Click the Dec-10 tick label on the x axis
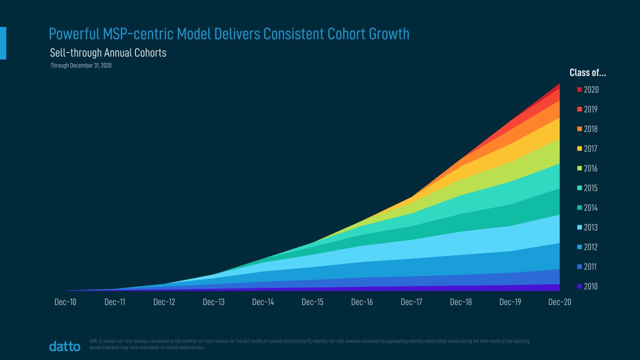pyautogui.click(x=65, y=302)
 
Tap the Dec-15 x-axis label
pyautogui.click(x=312, y=302)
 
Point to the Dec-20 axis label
pyautogui.click(x=559, y=302)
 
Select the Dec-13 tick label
pyautogui.click(x=213, y=302)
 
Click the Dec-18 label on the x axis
pyautogui.click(x=460, y=302)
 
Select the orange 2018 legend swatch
pyautogui.click(x=580, y=129)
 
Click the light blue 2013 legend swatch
pyautogui.click(x=580, y=227)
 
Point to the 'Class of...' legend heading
pyautogui.click(x=587, y=73)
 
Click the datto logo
pyautogui.click(x=65, y=347)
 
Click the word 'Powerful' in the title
pyautogui.click(x=74, y=34)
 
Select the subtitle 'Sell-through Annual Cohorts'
pyautogui.click(x=108, y=53)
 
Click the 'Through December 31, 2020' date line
pyautogui.click(x=81, y=66)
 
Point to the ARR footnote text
pyautogui.click(x=309, y=345)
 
